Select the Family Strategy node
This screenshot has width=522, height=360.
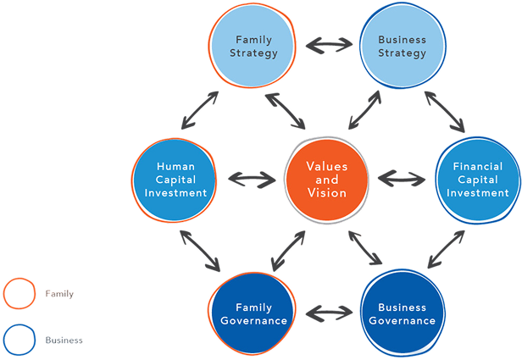pyautogui.click(x=254, y=47)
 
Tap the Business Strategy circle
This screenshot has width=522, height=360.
pyautogui.click(x=402, y=47)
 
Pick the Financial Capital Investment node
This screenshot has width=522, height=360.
pyautogui.click(x=477, y=180)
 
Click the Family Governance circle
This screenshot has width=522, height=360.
pyautogui.click(x=253, y=313)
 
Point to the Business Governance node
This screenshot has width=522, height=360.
pyautogui.click(x=402, y=313)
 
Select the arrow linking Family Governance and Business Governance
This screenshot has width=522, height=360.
pyautogui.click(x=328, y=313)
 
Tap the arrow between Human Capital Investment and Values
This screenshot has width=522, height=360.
pyautogui.click(x=252, y=180)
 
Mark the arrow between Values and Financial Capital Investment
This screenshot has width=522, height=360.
pyautogui.click(x=402, y=179)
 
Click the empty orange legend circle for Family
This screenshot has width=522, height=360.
pyautogui.click(x=19, y=294)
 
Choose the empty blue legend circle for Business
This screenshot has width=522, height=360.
pyautogui.click(x=19, y=340)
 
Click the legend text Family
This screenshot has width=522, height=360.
pyautogui.click(x=59, y=294)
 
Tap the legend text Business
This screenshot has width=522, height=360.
pyautogui.click(x=64, y=340)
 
